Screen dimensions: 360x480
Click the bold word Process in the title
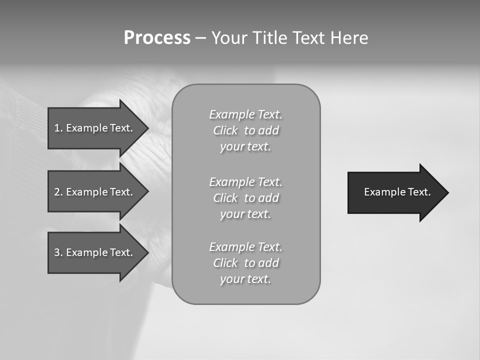(157, 38)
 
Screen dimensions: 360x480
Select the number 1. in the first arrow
(58, 128)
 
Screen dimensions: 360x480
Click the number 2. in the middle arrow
(58, 192)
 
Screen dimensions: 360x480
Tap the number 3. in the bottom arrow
(58, 252)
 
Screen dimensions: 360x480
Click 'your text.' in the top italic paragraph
(245, 147)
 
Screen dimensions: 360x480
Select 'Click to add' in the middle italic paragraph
(246, 198)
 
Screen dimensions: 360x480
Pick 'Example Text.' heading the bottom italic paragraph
(246, 247)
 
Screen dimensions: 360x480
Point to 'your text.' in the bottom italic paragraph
(245, 279)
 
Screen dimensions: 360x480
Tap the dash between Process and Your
(200, 38)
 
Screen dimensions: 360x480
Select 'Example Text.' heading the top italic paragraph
(246, 114)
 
